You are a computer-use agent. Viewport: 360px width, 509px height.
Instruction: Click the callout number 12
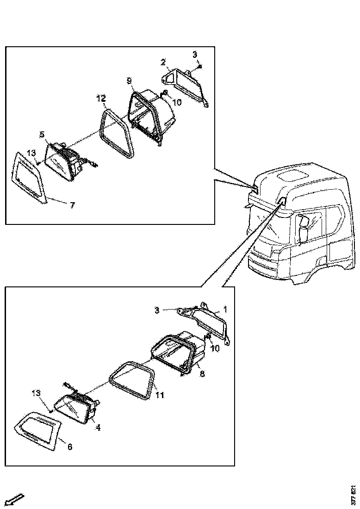click(101, 98)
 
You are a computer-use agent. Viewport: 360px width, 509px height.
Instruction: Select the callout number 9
click(130, 81)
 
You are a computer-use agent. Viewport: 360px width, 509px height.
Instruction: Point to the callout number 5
click(42, 135)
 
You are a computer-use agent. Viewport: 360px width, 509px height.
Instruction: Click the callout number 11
click(159, 396)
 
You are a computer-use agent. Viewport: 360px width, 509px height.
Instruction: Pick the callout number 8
click(202, 374)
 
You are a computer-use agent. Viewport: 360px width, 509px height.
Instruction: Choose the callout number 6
click(70, 447)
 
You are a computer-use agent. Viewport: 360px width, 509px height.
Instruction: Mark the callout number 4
click(98, 428)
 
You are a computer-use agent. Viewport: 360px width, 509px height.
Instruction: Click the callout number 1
click(226, 308)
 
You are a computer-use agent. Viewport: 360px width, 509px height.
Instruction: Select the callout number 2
click(163, 62)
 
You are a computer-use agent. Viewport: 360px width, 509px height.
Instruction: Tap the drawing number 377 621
click(354, 496)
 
